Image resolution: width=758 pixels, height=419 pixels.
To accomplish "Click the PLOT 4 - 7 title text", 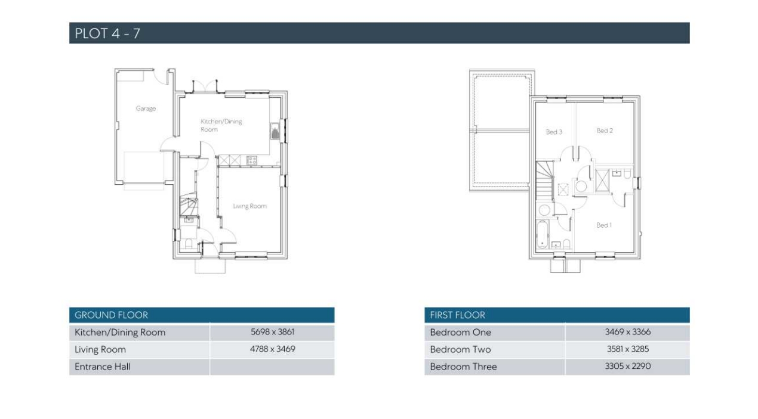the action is pyautogui.click(x=107, y=33).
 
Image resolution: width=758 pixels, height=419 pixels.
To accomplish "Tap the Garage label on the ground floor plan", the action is pyautogui.click(x=146, y=108).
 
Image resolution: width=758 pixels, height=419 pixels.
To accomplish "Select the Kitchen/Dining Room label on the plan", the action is pyautogui.click(x=221, y=125).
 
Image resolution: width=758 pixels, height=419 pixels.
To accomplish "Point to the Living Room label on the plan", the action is pyautogui.click(x=249, y=206).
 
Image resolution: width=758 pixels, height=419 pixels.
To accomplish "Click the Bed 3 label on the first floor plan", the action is pyautogui.click(x=554, y=132).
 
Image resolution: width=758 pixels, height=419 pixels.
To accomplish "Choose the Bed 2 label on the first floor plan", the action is pyautogui.click(x=605, y=131).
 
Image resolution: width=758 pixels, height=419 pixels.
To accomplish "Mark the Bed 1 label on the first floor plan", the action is pyautogui.click(x=603, y=225).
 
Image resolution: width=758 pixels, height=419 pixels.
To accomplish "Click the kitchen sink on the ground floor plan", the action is pyautogui.click(x=275, y=131).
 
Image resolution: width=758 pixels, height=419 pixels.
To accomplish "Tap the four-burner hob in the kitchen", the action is pyautogui.click(x=251, y=160).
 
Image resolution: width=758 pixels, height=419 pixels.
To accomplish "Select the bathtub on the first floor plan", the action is pyautogui.click(x=542, y=234).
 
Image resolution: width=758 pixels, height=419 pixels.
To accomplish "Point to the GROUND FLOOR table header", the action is pyautogui.click(x=112, y=315).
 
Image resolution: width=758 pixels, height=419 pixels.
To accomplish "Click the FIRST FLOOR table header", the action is pyautogui.click(x=458, y=315).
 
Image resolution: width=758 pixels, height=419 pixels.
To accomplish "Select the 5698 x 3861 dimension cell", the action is pyautogui.click(x=272, y=332).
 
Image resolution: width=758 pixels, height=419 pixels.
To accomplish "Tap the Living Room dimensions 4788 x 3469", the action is pyautogui.click(x=272, y=349).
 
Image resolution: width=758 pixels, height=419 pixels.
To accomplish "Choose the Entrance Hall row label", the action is pyautogui.click(x=103, y=367).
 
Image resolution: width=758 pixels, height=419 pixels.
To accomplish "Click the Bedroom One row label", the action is pyautogui.click(x=461, y=333).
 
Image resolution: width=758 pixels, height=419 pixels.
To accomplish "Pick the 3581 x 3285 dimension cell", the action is pyautogui.click(x=628, y=349).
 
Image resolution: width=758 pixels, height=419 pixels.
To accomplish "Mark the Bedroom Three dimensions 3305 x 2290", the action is pyautogui.click(x=628, y=367).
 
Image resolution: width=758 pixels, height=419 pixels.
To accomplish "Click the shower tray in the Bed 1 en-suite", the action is pyautogui.click(x=602, y=181).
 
